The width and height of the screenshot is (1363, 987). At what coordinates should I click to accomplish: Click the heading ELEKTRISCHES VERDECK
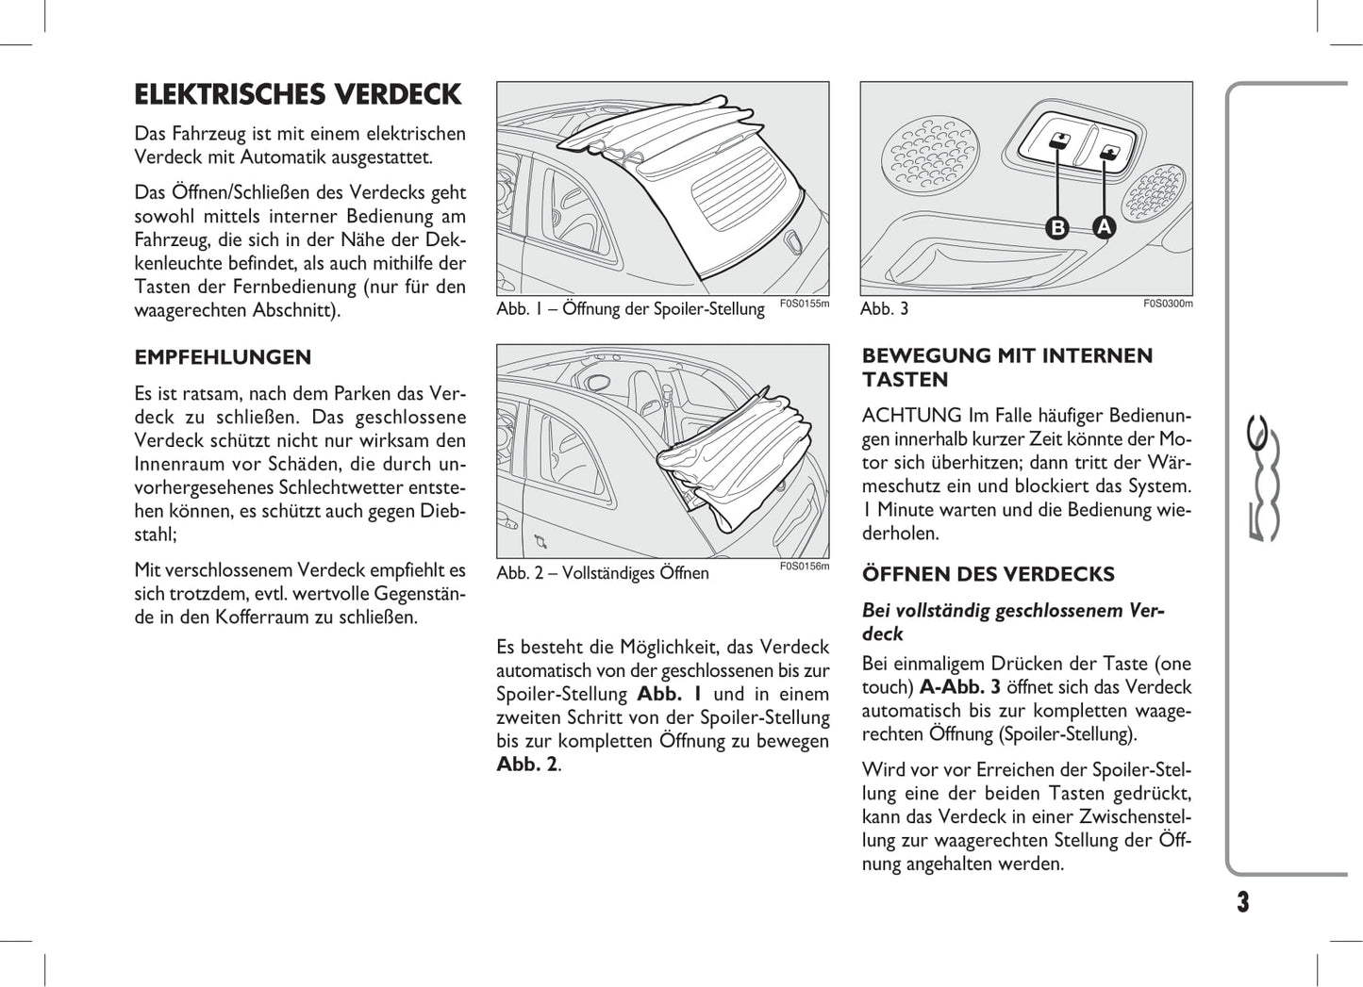pos(298,95)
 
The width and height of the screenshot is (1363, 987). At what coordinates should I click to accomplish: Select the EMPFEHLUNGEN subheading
pos(223,357)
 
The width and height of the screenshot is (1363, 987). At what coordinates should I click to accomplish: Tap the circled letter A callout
pos(1104,227)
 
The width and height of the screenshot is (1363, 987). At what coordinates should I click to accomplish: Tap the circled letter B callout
pos(1058,227)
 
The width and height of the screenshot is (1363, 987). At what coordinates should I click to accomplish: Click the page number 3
pos(1242,902)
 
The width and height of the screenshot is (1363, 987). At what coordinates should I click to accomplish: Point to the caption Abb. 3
pos(885,309)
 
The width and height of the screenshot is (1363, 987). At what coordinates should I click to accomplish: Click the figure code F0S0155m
pos(805,304)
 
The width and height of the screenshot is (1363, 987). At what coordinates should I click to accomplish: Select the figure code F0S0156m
pos(805,567)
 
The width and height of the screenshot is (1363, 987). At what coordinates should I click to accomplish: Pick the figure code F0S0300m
pos(1168,304)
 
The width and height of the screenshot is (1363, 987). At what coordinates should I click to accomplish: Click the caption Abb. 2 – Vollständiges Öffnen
pos(603,573)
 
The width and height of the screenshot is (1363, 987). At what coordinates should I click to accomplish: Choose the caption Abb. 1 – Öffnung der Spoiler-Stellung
pos(630,309)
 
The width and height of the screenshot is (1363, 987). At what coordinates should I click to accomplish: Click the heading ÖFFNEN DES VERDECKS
pos(988,574)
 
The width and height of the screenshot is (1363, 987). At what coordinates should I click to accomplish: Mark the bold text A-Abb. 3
pos(960,687)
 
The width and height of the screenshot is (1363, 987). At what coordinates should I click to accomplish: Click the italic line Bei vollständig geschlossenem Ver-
pos(1013,611)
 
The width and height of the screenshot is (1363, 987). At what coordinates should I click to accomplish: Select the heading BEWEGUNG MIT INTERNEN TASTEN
pos(1007,368)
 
